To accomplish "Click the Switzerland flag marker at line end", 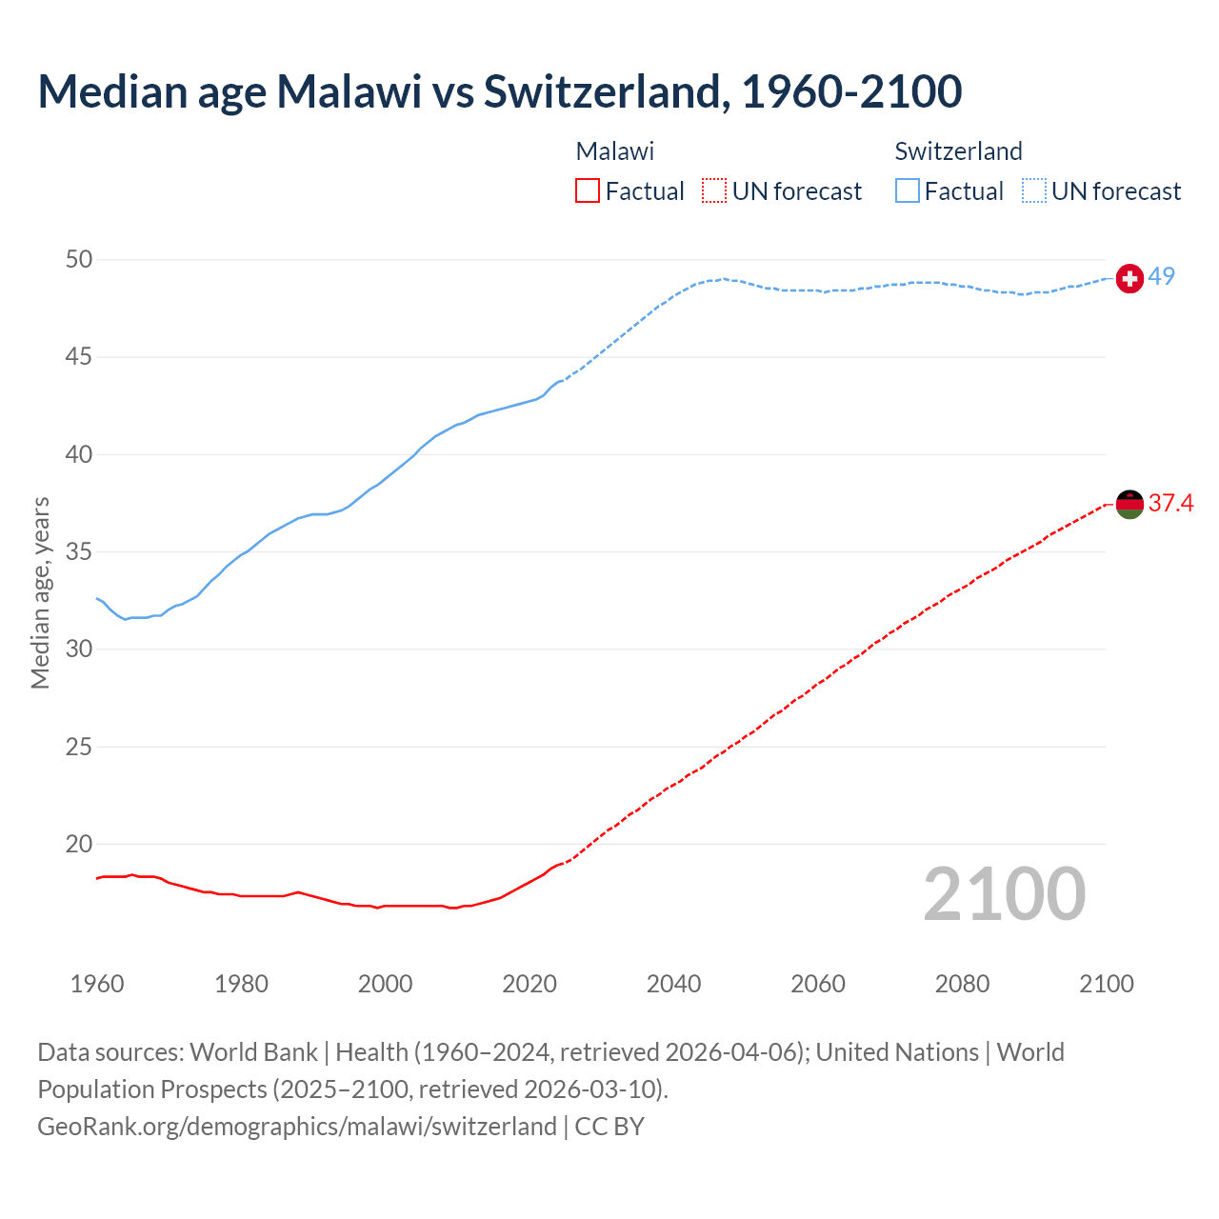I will [1129, 278].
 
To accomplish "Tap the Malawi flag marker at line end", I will [1129, 504].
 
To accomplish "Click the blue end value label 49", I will [1161, 276].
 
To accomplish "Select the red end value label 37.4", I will [1170, 503].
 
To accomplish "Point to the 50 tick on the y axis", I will [79, 260].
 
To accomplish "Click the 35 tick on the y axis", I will [79, 552].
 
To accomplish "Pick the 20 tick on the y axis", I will [79, 844].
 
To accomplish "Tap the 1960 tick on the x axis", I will [97, 984].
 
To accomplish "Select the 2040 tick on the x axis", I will [673, 984].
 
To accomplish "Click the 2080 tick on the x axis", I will [962, 984].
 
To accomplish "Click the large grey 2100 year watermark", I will [1004, 894].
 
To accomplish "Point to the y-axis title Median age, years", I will [40, 592].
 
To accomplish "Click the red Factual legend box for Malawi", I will [588, 191].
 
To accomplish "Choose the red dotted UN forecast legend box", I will [714, 191].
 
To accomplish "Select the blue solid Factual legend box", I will [908, 191].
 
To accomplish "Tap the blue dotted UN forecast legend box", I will [1034, 191].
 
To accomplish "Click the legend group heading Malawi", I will [614, 151].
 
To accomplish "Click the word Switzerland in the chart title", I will [605, 91].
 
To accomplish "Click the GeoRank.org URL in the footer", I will [296, 1127].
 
